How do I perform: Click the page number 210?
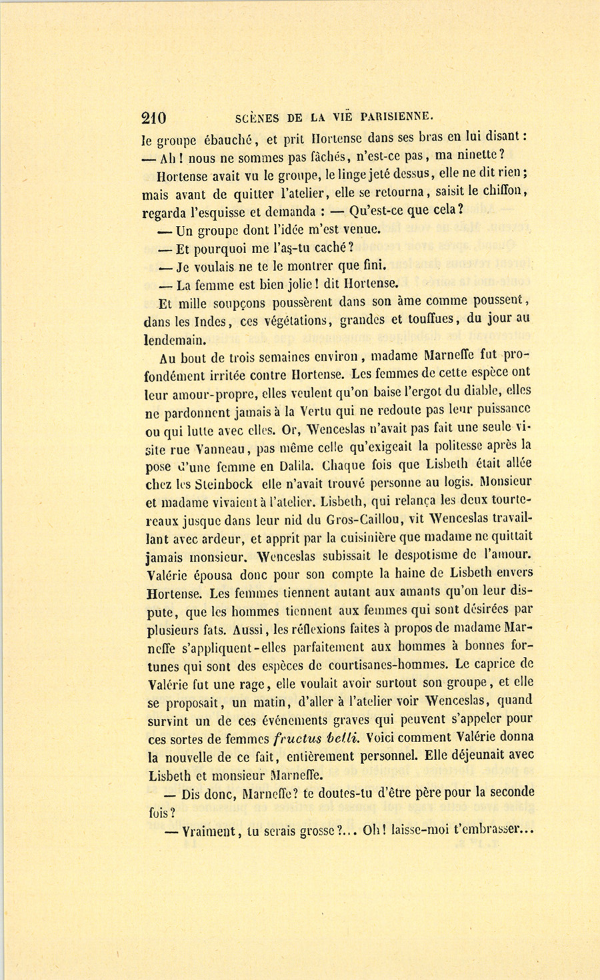(x=154, y=118)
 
